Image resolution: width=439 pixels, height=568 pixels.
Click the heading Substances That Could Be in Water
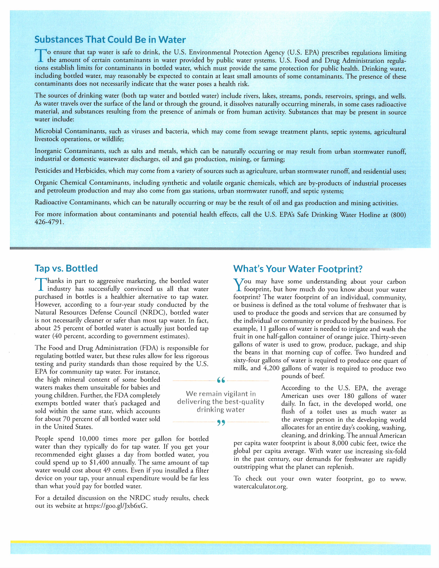point(110,40)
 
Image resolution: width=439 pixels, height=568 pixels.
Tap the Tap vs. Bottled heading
point(66,268)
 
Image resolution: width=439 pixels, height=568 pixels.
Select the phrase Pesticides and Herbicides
point(70,171)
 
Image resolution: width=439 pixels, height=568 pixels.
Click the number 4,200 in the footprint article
point(272,368)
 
